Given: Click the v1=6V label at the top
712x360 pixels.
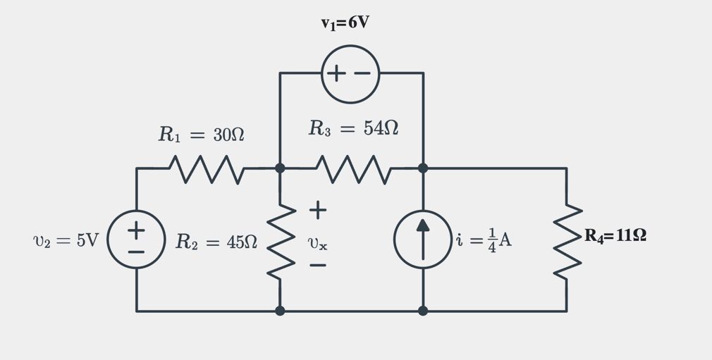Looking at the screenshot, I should coord(345,23).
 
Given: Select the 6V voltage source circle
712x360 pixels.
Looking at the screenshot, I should coord(350,74).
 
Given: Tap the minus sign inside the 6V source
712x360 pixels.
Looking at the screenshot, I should coord(362,74).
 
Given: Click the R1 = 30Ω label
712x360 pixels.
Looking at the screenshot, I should coord(201,135).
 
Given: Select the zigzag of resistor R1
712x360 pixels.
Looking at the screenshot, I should coord(207,169).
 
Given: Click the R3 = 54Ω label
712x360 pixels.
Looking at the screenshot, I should coord(353,128).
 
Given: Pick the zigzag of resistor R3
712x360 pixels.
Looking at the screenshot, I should coord(352,169).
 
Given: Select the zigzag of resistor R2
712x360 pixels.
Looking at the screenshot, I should coord(280,240).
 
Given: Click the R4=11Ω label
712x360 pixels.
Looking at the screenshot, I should coord(615,236).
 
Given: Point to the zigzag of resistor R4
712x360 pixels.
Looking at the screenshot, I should coord(567,240).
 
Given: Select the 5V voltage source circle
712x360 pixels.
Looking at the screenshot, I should coord(136,240).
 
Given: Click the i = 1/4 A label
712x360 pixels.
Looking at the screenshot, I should coord(484,240).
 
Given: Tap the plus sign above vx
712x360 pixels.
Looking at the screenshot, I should coord(317,210).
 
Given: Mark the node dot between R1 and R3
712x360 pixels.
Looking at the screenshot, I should coord(280,168).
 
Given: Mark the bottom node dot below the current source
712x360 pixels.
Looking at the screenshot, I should coord(422,311).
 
